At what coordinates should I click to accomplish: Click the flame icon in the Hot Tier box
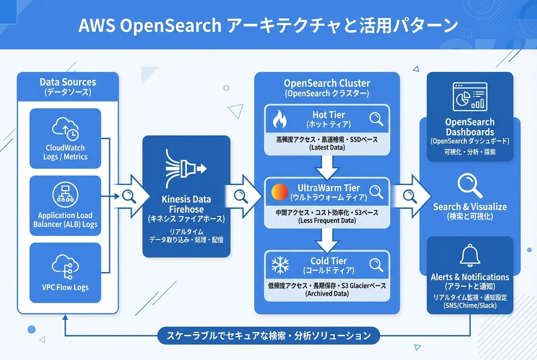coord(280,119)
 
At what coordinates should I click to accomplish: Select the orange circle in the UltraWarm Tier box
coord(280,192)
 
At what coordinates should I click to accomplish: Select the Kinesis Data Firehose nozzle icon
coord(186,169)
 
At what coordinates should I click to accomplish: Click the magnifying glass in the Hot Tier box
coord(376,118)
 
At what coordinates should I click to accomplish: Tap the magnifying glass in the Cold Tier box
coord(376,265)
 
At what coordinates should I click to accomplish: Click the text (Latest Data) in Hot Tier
coord(327,148)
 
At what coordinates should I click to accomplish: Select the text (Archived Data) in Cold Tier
coord(327,294)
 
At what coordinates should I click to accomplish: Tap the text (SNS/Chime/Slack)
coord(470,306)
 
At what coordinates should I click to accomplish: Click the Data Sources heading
coord(68,82)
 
